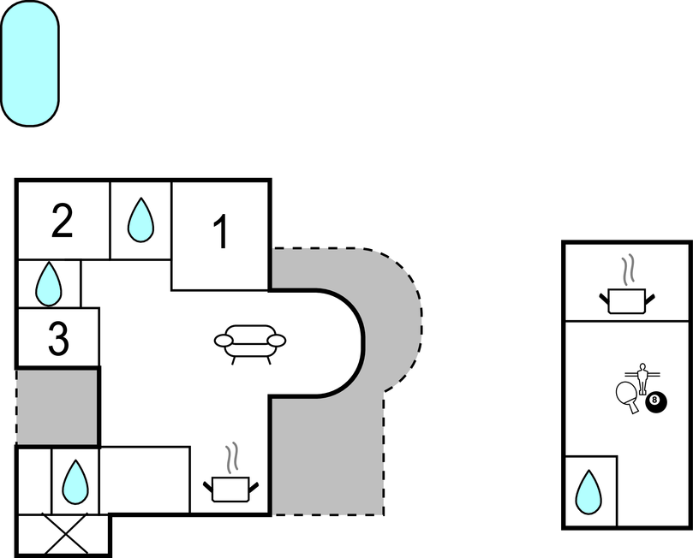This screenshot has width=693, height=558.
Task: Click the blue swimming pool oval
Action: click(x=30, y=64)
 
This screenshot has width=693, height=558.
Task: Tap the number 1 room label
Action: click(x=220, y=233)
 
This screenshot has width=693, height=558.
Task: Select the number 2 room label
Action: click(x=62, y=222)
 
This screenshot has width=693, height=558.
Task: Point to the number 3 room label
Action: click(x=57, y=340)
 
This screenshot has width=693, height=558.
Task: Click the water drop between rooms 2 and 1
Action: click(x=140, y=221)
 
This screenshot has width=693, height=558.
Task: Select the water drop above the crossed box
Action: click(x=75, y=482)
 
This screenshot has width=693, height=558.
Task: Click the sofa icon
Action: click(x=249, y=341)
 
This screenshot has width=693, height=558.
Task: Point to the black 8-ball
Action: click(x=655, y=401)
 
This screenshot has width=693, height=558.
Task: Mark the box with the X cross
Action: click(x=63, y=535)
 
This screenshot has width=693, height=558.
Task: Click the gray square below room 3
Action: click(x=57, y=407)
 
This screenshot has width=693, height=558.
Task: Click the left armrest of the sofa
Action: click(x=224, y=341)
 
